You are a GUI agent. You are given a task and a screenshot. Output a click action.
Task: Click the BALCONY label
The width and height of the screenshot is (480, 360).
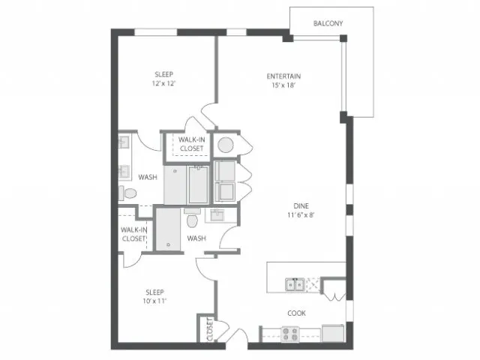[x=328, y=23]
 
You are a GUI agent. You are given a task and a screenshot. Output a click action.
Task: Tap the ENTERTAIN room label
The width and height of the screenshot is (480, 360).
[x=283, y=76]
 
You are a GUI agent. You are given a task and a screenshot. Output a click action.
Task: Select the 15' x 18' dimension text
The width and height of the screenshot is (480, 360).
[x=283, y=85]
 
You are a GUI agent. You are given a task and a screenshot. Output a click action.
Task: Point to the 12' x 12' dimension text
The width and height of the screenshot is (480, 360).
[x=164, y=83]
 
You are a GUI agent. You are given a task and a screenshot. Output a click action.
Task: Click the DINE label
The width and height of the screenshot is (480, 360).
[x=301, y=206]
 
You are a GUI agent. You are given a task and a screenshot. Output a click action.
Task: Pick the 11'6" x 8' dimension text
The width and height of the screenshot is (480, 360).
[x=301, y=215]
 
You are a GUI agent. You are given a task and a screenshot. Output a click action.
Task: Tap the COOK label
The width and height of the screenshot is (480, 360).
[x=297, y=313]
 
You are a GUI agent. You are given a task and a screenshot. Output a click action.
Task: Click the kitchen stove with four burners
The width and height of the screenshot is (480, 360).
[x=290, y=334]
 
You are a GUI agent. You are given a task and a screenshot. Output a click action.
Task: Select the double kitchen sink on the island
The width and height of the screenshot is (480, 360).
[x=295, y=285]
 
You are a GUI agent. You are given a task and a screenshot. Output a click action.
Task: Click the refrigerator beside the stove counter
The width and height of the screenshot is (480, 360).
[x=333, y=333]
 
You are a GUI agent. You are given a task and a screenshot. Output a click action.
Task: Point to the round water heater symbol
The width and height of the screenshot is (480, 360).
[x=226, y=145]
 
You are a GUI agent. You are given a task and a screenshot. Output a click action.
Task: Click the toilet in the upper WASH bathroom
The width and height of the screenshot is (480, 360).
[x=127, y=193]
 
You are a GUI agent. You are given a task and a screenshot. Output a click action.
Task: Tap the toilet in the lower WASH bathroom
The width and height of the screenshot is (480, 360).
[x=192, y=218]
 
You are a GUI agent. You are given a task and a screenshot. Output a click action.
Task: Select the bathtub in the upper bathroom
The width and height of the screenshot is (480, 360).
[x=198, y=184]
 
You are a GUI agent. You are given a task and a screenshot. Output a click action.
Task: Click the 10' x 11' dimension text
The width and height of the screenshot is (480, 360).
[x=154, y=301]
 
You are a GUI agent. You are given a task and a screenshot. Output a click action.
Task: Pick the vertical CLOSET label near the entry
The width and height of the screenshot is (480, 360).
[x=210, y=329]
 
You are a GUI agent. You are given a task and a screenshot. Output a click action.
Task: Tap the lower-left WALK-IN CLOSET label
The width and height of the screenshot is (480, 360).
[x=133, y=234]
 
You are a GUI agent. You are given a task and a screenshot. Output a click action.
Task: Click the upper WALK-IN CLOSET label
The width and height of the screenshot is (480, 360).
[x=192, y=144]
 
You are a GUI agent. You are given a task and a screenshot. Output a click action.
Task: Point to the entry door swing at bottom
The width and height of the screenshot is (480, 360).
[x=237, y=336]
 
